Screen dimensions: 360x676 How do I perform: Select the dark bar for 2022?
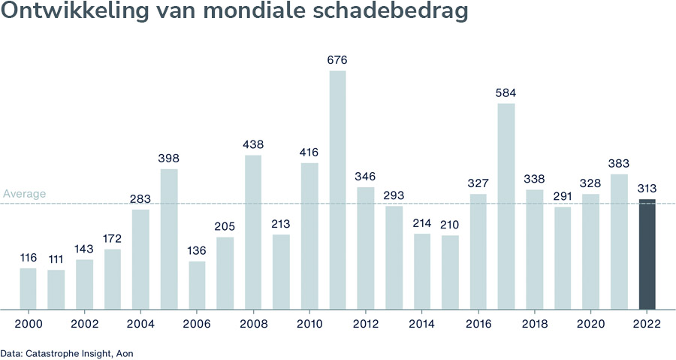[x=647, y=254]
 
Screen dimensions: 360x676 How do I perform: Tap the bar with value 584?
[x=506, y=206]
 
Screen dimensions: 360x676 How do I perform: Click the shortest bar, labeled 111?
[x=56, y=289]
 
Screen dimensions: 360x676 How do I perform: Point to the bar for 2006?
[x=197, y=285]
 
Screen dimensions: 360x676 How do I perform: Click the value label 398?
[x=168, y=159]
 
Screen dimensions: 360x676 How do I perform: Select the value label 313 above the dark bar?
[x=647, y=189]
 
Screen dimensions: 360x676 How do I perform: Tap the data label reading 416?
[x=309, y=153]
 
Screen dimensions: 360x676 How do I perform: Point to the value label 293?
[x=394, y=195]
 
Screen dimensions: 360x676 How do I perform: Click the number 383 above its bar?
[x=619, y=164]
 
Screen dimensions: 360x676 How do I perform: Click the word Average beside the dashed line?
[x=24, y=194]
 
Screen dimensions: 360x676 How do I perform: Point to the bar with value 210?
[x=450, y=272]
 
